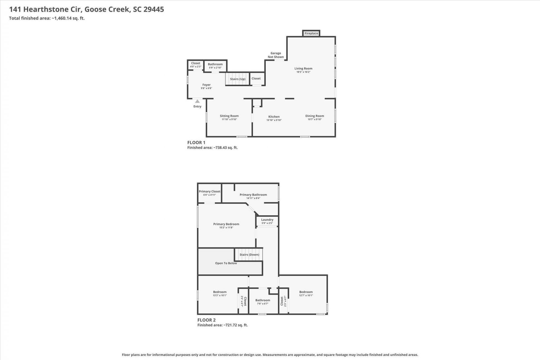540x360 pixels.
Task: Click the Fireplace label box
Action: click(x=311, y=33)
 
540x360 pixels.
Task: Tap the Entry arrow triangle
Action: click(x=197, y=101)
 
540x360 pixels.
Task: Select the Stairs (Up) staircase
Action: click(x=238, y=79)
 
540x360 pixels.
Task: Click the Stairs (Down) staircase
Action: click(x=249, y=255)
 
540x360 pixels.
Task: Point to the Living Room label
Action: click(x=303, y=68)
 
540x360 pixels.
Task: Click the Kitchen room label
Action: click(x=274, y=117)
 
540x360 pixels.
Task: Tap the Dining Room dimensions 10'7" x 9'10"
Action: click(x=314, y=119)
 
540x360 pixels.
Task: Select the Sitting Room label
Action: click(x=229, y=116)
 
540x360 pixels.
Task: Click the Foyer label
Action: click(x=206, y=85)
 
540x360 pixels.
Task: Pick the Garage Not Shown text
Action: click(x=276, y=55)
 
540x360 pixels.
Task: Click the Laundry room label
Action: click(x=267, y=220)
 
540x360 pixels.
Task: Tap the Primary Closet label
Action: click(x=210, y=191)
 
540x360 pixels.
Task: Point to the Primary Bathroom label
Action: click(x=253, y=195)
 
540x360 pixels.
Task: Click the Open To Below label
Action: click(x=226, y=263)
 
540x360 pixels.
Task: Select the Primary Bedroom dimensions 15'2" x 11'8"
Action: click(x=226, y=228)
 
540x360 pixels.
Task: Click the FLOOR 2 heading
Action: click(x=206, y=320)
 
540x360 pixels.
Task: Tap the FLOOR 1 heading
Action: click(x=196, y=143)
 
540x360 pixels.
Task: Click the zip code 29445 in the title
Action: click(x=154, y=9)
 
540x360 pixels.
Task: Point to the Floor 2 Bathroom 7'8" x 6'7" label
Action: click(x=263, y=302)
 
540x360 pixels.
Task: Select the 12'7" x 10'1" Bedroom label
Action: click(x=306, y=294)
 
